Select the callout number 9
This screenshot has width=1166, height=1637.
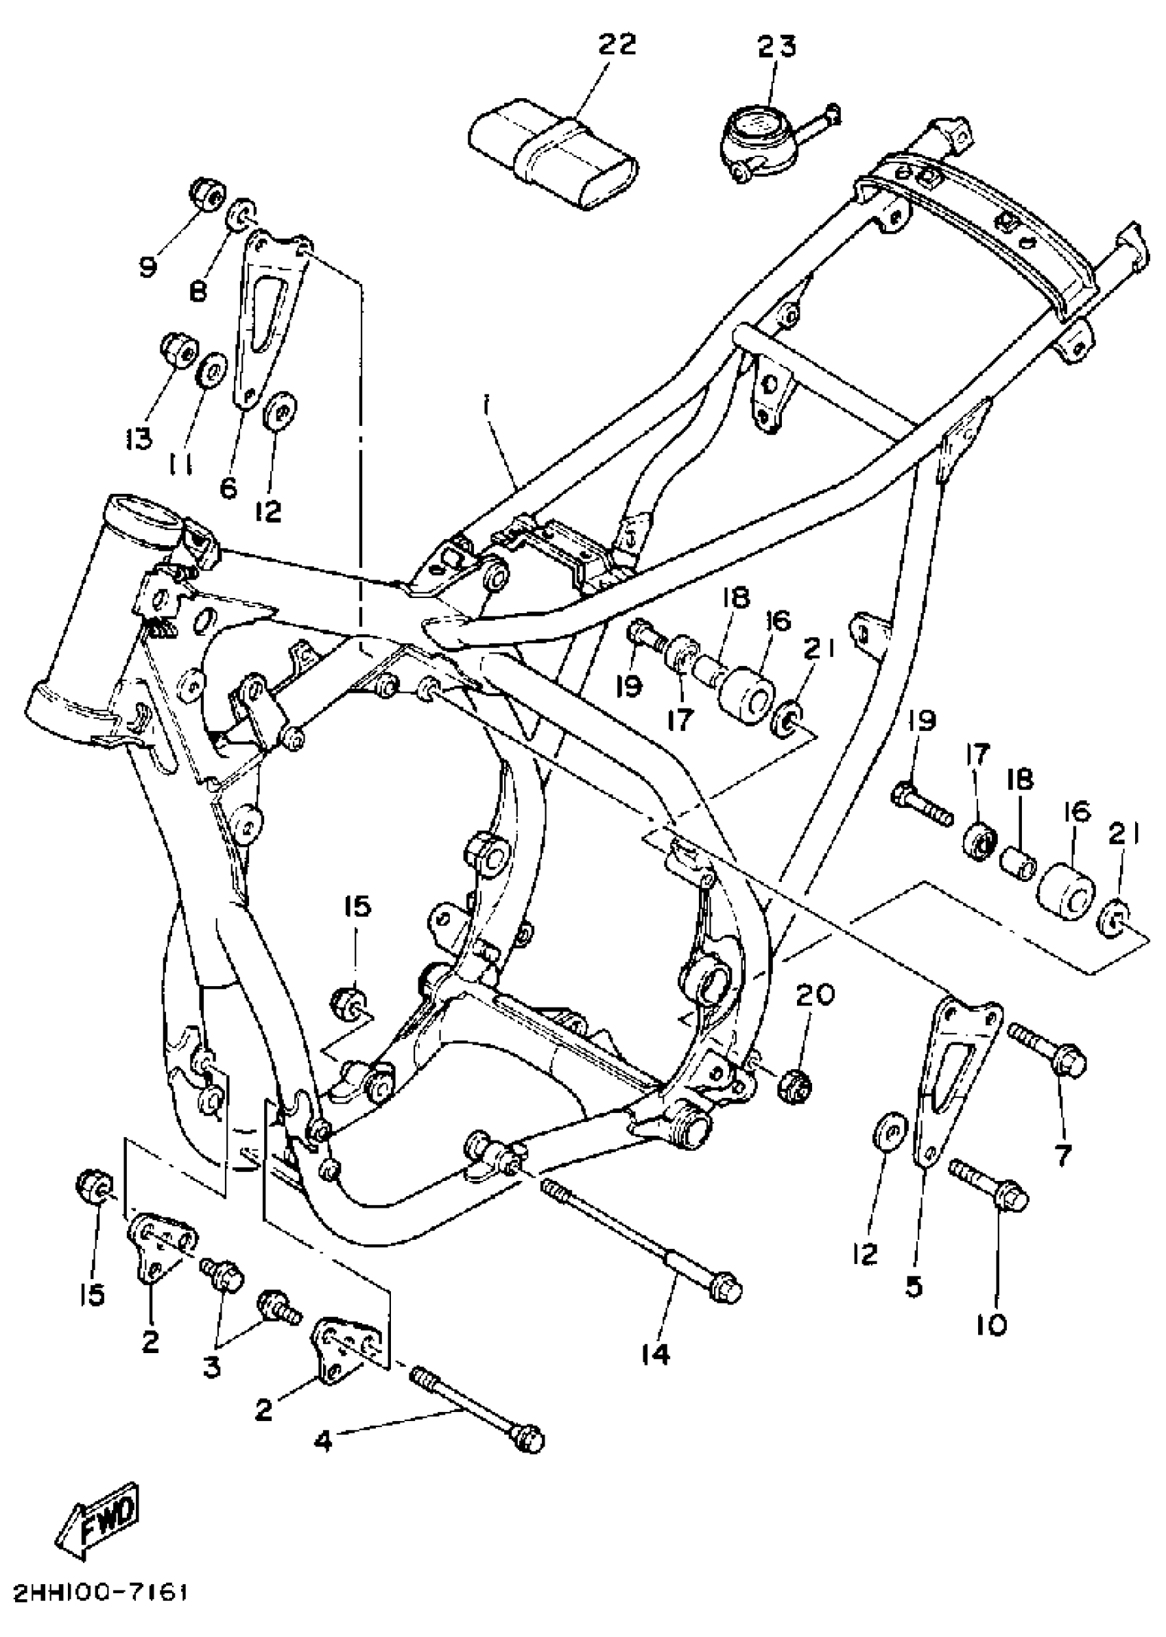148,268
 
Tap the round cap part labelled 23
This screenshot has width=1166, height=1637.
754,140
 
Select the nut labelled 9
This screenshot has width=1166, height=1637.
206,193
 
